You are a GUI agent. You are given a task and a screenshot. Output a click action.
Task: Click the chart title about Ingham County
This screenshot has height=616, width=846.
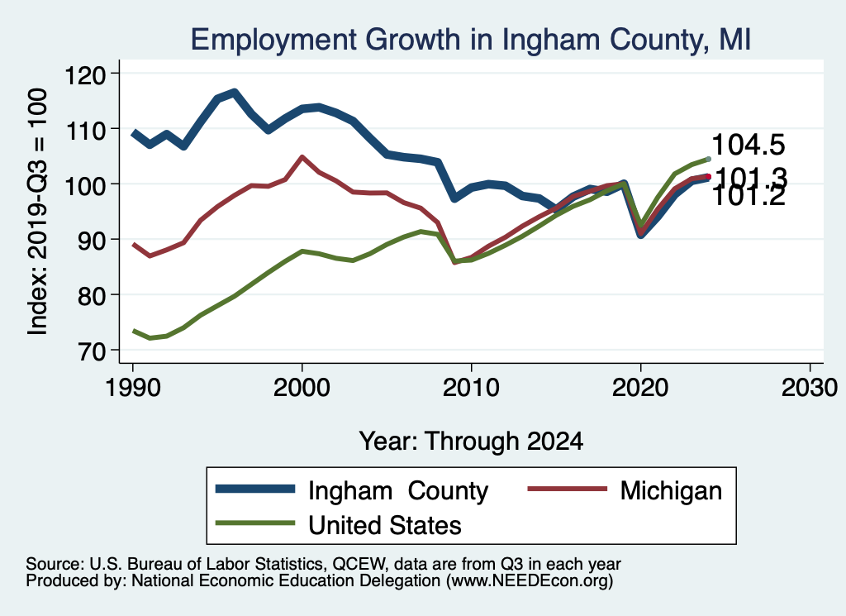pos(470,39)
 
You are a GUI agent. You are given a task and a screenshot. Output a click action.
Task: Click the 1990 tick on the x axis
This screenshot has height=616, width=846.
pos(132,389)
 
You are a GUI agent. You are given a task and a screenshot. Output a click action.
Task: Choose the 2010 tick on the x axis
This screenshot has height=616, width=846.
pos(471,389)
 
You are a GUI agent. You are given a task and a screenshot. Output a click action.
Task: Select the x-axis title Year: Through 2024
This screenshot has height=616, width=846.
pos(471,441)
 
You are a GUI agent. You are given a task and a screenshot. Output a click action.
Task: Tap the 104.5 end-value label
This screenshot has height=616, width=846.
pos(748,146)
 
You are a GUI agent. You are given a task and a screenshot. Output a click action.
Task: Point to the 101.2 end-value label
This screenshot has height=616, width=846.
pos(748,197)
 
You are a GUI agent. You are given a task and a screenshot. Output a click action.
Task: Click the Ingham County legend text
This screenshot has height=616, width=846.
pos(398,490)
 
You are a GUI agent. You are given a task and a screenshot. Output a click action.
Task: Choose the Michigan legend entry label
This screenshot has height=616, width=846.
pos(671,490)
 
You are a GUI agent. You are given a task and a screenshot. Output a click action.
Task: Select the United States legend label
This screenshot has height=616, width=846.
pos(384,525)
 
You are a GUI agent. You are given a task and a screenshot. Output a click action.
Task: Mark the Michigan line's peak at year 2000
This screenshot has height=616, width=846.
pos(302,156)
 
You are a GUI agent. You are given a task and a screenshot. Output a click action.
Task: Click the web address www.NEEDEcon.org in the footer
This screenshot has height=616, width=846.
pos(529,582)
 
